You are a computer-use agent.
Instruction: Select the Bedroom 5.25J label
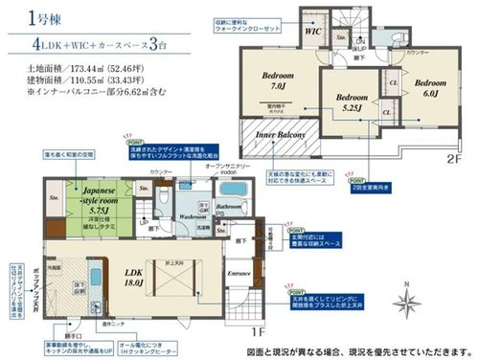352,101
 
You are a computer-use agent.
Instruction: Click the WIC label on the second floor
312,31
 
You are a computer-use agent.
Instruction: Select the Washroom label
182,216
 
